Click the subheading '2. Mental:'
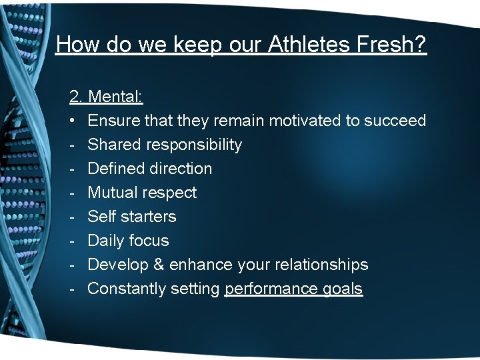(106, 97)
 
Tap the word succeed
(395, 121)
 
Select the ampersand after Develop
(159, 265)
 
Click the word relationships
(319, 265)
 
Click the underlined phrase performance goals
(293, 289)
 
